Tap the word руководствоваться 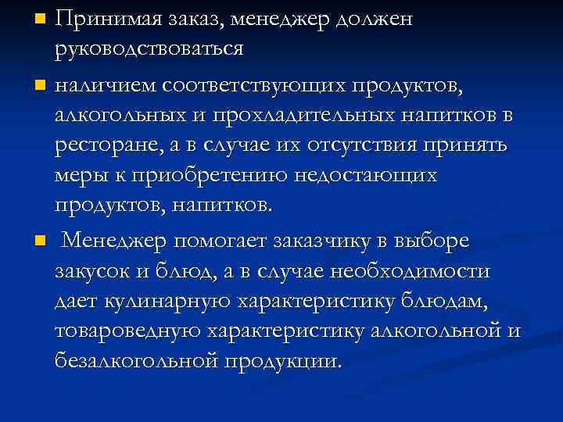(149, 48)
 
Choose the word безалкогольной (137, 362)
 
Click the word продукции (283, 362)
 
